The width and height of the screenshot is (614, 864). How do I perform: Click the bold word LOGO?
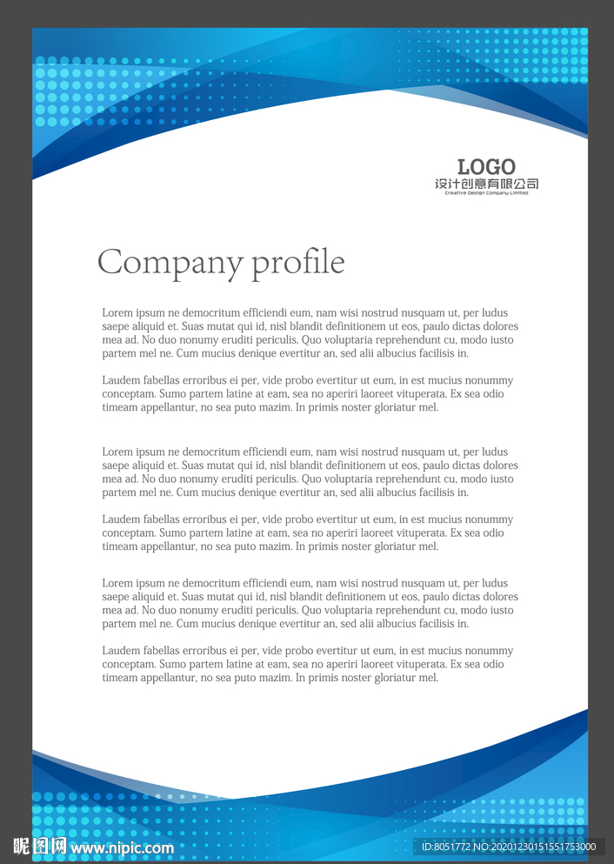coord(486,167)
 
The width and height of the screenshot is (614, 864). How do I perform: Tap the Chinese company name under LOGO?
coord(486,184)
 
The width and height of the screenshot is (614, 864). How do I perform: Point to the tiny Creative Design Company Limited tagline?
coord(486,193)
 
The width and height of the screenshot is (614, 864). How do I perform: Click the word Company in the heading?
coord(170,263)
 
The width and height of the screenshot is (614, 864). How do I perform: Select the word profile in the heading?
coord(297,263)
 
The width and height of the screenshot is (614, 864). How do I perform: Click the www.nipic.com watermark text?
coord(122,847)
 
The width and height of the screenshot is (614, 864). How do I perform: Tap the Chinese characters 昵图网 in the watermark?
coord(39,846)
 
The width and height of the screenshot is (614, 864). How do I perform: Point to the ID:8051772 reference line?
coord(509,847)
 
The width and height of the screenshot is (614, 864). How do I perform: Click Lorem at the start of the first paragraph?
coord(117,313)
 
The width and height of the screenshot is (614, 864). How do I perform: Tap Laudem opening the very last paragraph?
coord(120,651)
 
